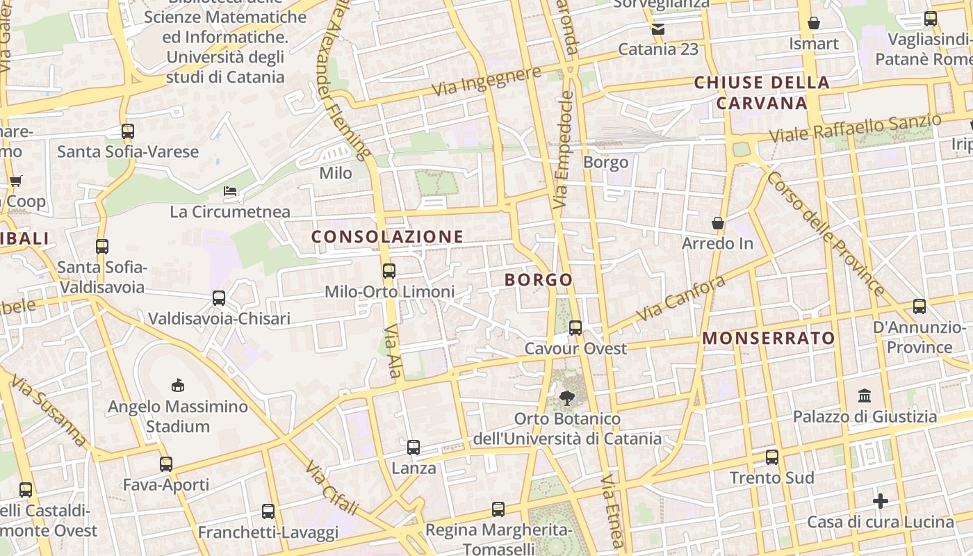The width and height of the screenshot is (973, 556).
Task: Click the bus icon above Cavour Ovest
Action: tap(575, 328)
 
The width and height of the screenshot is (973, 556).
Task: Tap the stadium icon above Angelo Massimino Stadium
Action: tap(178, 385)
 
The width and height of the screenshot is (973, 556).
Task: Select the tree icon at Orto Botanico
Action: tap(567, 398)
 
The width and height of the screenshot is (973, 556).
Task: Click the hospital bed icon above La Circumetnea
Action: tap(230, 191)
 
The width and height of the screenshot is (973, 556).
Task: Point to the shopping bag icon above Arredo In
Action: tap(718, 223)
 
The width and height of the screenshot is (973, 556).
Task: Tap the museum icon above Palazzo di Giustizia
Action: tap(865, 396)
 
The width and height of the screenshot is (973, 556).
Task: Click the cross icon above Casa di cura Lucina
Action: tap(881, 501)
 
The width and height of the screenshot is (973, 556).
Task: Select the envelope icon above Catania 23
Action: tap(657, 29)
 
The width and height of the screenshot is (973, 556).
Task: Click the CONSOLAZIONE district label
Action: tap(387, 237)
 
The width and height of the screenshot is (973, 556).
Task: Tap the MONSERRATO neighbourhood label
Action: tap(769, 338)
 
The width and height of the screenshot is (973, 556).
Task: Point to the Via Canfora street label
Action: tap(681, 298)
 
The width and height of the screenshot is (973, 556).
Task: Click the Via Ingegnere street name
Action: tap(486, 81)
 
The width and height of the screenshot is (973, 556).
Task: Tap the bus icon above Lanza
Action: tap(414, 448)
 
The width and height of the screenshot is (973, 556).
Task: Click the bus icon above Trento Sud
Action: tap(772, 457)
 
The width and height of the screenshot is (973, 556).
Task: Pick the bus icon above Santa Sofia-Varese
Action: tap(128, 131)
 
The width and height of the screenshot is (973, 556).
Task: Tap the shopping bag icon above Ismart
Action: tap(814, 24)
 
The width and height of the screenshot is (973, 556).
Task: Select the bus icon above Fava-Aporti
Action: tap(165, 464)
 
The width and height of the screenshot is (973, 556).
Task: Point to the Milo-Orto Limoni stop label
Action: tap(390, 292)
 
